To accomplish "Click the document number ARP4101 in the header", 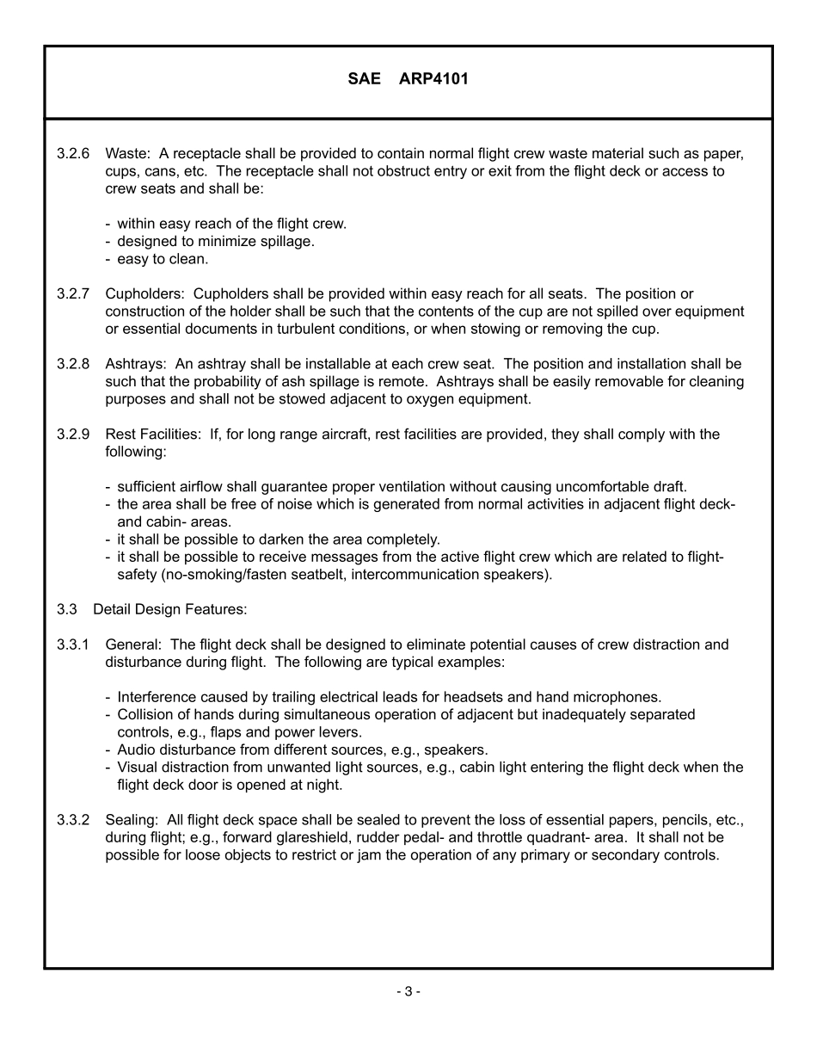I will pos(434,79).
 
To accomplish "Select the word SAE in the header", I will pos(364,79).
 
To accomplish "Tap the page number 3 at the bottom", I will pos(408,991).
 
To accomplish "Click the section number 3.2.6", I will pos(73,154).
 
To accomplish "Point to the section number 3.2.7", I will pos(73,294).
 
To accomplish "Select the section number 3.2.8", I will pos(73,364).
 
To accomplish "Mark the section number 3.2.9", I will pos(73,435).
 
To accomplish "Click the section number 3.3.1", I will pos(73,644).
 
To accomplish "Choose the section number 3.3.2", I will pos(73,820).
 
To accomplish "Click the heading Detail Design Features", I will pos(169,609).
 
